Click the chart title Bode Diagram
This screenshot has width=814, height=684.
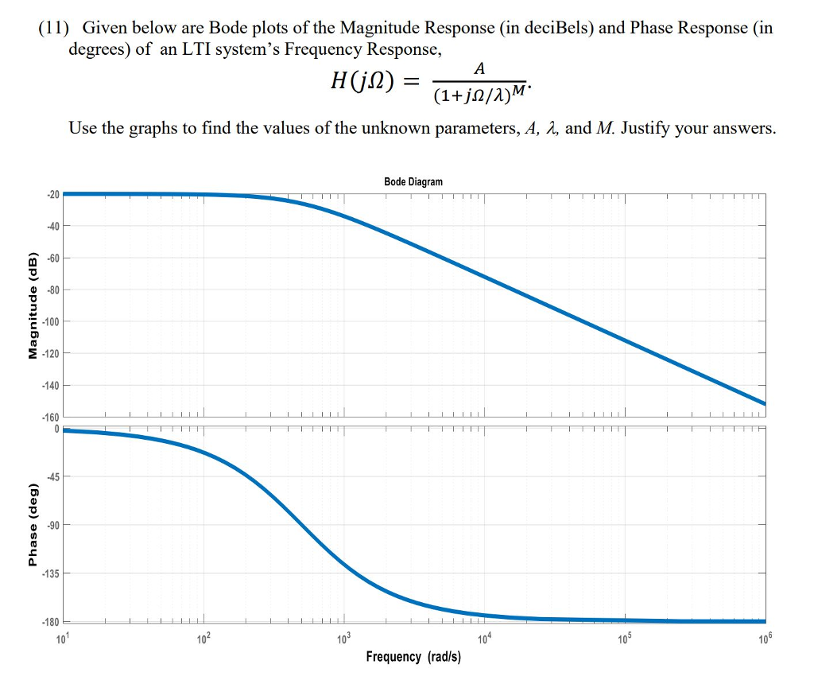(413, 182)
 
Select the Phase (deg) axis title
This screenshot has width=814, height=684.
(33, 525)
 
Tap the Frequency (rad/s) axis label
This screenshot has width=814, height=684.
(413, 656)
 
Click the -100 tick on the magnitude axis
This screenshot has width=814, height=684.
(49, 321)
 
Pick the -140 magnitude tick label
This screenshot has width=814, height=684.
(49, 385)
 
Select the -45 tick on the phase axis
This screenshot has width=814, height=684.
(52, 476)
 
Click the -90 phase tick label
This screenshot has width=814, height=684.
(52, 525)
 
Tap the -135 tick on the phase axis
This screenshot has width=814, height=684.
(49, 573)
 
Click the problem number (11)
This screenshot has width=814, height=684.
(54, 29)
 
